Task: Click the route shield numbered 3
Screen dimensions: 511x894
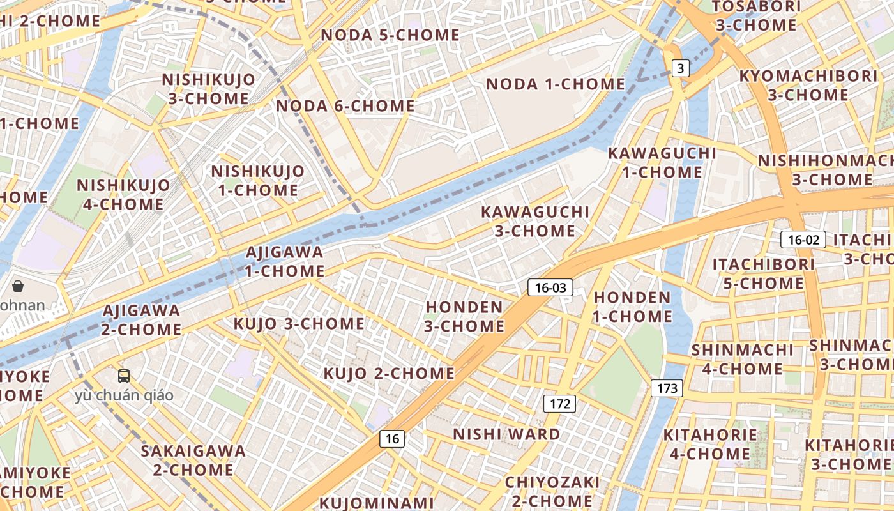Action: [x=681, y=68]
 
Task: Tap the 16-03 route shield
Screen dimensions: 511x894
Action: [x=550, y=287]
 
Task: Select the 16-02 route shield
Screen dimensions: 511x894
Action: [x=803, y=240]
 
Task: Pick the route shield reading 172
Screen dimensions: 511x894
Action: [x=559, y=404]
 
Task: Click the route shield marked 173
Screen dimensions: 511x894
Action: [x=667, y=388]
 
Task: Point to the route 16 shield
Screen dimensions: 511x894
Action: [x=392, y=438]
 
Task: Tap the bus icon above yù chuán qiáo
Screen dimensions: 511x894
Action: [x=124, y=376]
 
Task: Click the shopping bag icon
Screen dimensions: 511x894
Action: [x=18, y=286]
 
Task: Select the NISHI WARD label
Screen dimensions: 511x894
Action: [x=506, y=434]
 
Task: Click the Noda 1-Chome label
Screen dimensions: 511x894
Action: [x=556, y=84]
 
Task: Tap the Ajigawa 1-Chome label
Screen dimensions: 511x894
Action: [x=285, y=261]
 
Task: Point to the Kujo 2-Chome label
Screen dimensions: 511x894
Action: [x=389, y=373]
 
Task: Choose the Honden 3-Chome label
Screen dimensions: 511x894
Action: [x=465, y=317]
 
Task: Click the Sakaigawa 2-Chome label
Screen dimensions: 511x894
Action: [x=193, y=461]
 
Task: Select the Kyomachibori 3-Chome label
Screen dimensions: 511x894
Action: [x=808, y=85]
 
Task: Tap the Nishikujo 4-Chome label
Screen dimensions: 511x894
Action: [x=123, y=195]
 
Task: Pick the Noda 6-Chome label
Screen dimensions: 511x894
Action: [x=345, y=106]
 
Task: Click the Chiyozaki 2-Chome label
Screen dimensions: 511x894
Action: [x=552, y=491]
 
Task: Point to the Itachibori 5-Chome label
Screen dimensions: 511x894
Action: [x=764, y=273]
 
